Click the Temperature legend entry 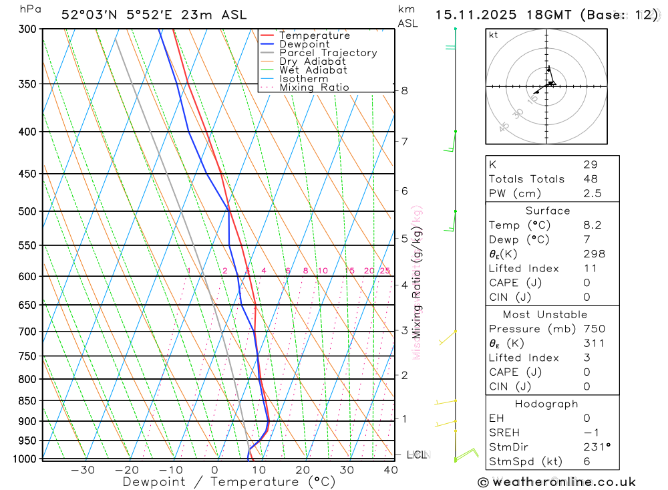(x=314, y=35)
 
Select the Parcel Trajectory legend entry (x=327, y=53)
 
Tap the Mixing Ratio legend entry (x=314, y=88)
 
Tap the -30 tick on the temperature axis (x=82, y=470)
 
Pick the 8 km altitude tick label (x=404, y=91)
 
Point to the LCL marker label (x=417, y=455)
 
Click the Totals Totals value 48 (x=591, y=179)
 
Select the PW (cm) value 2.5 (x=592, y=193)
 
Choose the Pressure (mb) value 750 (x=594, y=329)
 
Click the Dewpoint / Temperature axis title (x=228, y=482)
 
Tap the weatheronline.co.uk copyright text (x=556, y=482)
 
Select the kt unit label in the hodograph (x=494, y=35)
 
